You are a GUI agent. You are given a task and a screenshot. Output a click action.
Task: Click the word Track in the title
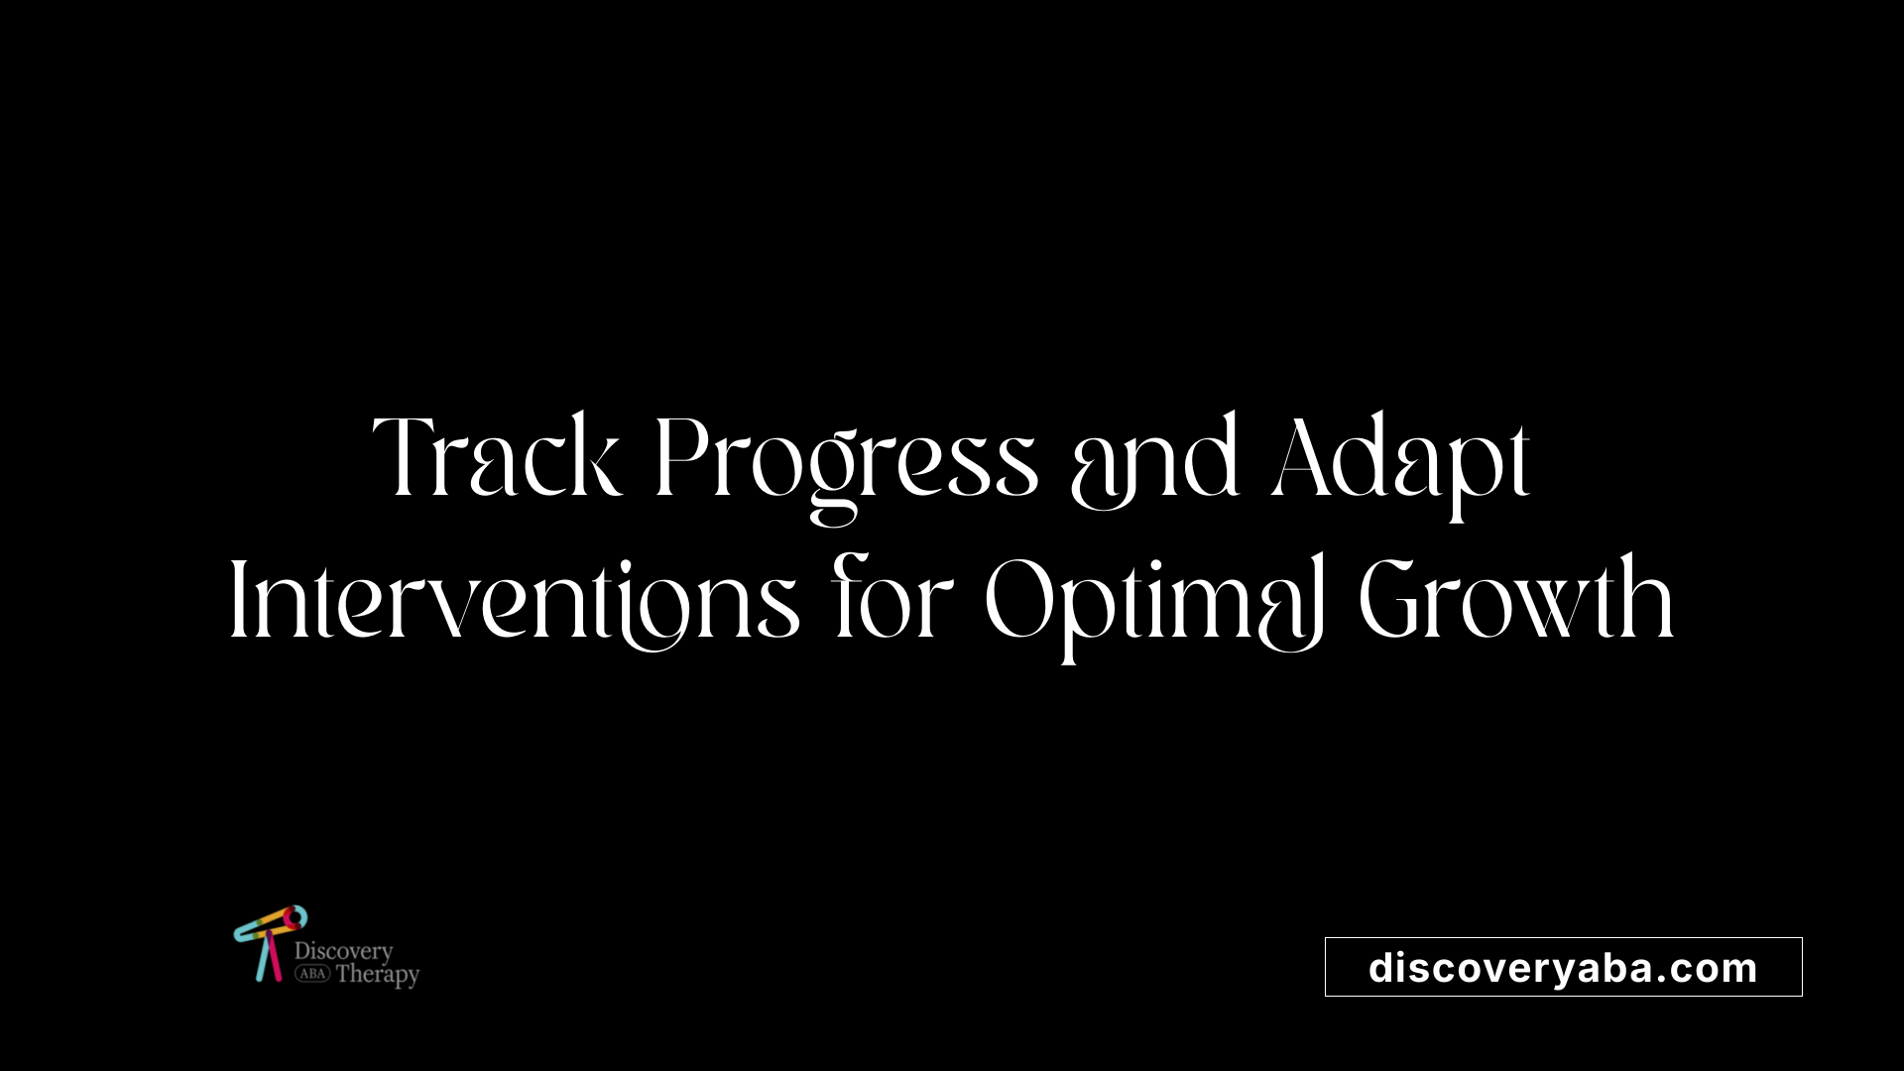[x=498, y=456]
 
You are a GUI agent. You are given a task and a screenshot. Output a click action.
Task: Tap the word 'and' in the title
[x=1155, y=458]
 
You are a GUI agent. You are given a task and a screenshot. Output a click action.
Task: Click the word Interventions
[x=515, y=599]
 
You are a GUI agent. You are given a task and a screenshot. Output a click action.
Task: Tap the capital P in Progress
[x=683, y=456]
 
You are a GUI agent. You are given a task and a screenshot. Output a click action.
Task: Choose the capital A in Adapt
[x=1310, y=456]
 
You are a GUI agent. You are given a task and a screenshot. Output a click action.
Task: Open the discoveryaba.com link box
[x=1564, y=967]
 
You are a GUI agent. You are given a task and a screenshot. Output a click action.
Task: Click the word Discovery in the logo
[x=343, y=951]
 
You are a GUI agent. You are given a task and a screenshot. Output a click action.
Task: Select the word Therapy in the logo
[x=378, y=975]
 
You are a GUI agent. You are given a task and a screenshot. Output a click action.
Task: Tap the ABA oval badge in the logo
[x=312, y=974]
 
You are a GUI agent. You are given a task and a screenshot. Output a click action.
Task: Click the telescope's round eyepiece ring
[x=296, y=917]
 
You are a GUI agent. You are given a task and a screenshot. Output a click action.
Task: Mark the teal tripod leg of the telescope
[x=263, y=957]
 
